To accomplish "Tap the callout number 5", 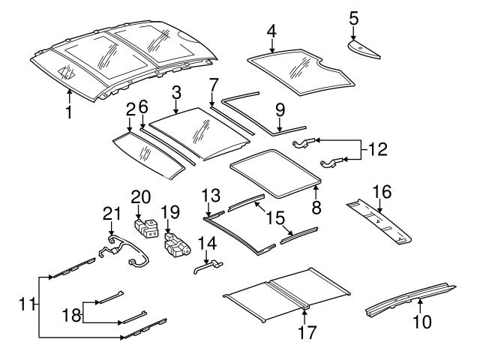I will [x=354, y=14].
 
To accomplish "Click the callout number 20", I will [x=140, y=196].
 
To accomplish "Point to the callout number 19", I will [x=169, y=212].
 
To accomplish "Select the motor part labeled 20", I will [x=144, y=227].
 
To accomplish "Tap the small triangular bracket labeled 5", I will [x=366, y=46].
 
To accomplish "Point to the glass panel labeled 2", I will [x=146, y=156].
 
